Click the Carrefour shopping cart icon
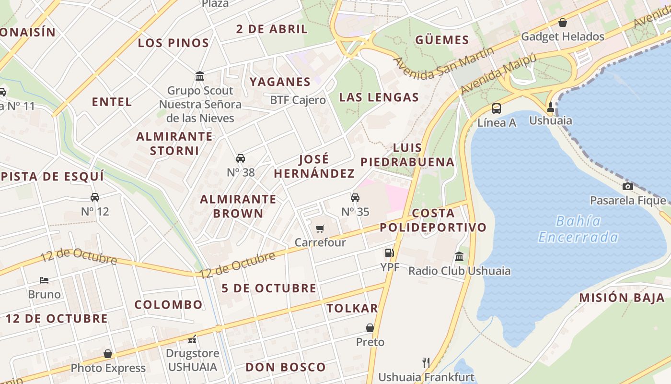320,228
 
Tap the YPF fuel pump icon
389,253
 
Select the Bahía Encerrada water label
578,229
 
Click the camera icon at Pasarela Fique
627,186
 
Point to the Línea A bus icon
497,108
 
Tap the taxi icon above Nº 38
241,158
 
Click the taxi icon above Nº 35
355,197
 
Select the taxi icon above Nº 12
95,197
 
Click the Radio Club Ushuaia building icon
459,256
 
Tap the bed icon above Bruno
44,280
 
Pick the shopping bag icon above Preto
370,328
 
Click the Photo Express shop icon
108,354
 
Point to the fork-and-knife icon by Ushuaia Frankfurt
426,362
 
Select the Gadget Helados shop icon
563,23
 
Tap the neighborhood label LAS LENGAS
379,97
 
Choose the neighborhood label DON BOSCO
286,367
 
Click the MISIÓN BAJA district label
622,298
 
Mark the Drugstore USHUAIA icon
192,339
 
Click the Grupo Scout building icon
200,76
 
